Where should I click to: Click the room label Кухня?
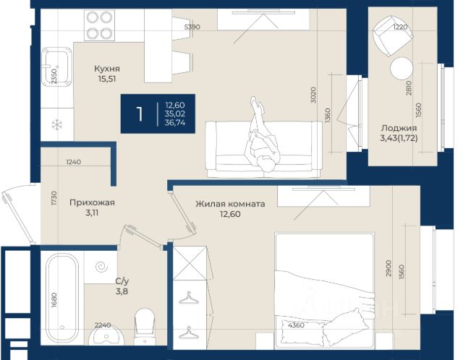click(x=107, y=69)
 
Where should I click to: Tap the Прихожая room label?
click(x=92, y=202)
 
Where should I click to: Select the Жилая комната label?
click(x=230, y=204)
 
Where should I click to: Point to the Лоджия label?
click(x=399, y=129)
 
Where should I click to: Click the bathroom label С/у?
click(x=122, y=281)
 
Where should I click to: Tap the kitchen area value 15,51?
click(x=107, y=79)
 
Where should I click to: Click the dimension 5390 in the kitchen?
click(x=192, y=27)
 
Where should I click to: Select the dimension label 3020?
click(x=313, y=95)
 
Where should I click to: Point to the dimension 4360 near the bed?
click(x=296, y=325)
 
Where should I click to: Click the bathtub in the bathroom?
click(x=62, y=298)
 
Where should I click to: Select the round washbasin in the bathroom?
click(x=106, y=337)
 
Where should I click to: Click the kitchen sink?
click(x=56, y=67)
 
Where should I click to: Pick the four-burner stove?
click(x=99, y=25)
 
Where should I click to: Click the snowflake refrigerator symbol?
click(x=56, y=125)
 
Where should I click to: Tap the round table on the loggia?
click(x=401, y=69)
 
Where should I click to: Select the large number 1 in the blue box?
click(x=140, y=114)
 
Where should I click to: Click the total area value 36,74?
click(x=175, y=123)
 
